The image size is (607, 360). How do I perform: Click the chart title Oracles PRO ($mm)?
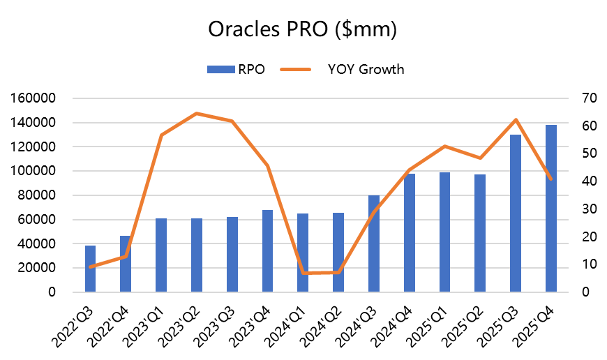(x=303, y=30)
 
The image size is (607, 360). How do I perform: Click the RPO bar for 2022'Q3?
(x=90, y=269)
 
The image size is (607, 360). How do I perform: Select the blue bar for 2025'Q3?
(x=516, y=213)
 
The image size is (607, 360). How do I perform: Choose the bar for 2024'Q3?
(x=373, y=243)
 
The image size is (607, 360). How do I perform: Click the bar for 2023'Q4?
(x=267, y=250)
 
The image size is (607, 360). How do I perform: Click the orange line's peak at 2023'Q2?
(x=196, y=113)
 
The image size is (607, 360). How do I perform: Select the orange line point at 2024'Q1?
(x=303, y=273)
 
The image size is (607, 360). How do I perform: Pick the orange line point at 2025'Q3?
(x=516, y=120)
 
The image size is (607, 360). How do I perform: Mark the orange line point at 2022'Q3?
(x=90, y=267)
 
